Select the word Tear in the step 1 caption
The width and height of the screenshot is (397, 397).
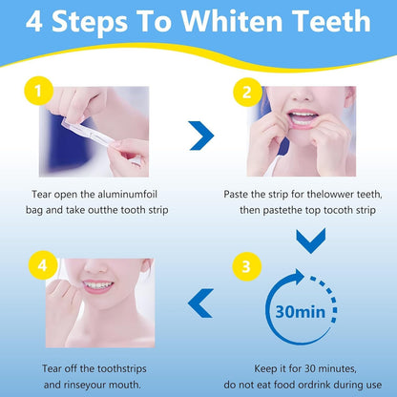[x=41, y=192]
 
